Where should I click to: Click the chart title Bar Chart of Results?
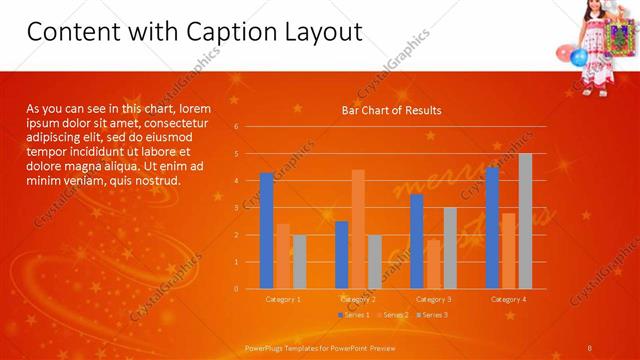391,110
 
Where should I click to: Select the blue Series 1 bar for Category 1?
266,231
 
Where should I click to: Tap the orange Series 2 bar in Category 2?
358,229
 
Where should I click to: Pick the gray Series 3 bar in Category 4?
525,221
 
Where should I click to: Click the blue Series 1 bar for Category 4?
492,228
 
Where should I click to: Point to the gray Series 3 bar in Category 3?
450,248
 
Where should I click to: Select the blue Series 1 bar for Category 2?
341,255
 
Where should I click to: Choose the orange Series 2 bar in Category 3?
433,264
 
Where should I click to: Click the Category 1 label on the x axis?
283,299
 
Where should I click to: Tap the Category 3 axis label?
433,299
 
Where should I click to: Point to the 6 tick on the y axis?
236,127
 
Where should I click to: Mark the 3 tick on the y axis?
236,208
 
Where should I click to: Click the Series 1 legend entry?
355,315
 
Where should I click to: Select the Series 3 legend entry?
431,315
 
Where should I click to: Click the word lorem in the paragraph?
194,108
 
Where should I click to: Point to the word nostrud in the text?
156,181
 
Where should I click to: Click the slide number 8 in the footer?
589,348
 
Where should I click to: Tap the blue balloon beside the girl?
578,57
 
